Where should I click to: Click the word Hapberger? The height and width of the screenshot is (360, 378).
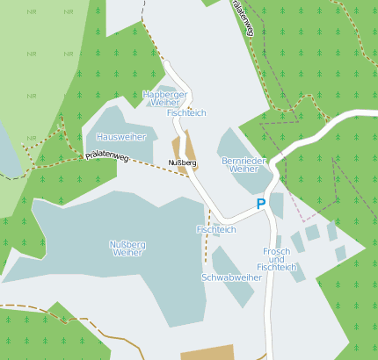[165, 94]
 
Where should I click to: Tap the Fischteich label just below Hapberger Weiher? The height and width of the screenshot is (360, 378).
[185, 113]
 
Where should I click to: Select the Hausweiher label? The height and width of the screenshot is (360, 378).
[121, 137]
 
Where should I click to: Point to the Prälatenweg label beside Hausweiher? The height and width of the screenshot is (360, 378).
[106, 156]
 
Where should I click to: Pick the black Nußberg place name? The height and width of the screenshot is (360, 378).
[182, 163]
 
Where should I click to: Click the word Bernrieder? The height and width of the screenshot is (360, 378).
[243, 161]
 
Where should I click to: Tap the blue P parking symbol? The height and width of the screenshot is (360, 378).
[260, 204]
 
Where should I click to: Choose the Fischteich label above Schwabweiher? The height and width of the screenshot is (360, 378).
[216, 229]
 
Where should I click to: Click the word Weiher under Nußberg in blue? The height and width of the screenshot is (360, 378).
[127, 253]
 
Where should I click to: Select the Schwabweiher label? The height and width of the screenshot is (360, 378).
[232, 277]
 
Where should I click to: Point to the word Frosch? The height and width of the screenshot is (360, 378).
[276, 251]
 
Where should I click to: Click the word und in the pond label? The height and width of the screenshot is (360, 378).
[276, 259]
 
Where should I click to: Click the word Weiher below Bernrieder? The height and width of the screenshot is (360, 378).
[243, 169]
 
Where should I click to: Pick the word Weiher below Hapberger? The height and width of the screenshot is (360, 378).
[165, 103]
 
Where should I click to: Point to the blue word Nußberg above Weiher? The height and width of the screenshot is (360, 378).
[127, 244]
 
